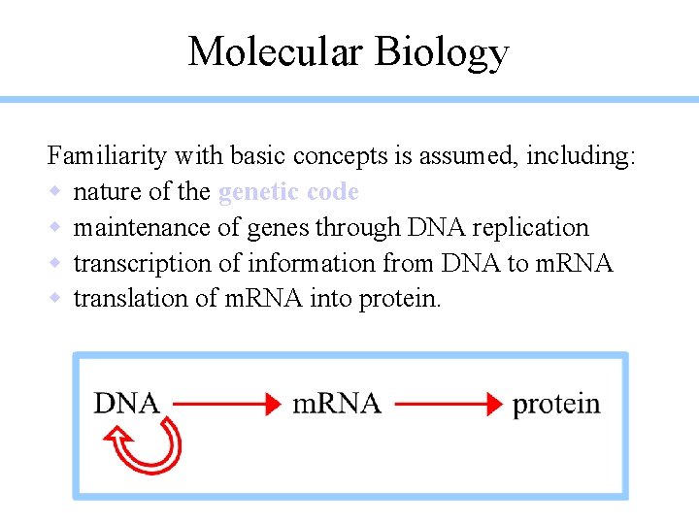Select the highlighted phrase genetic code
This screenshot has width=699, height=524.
(x=288, y=192)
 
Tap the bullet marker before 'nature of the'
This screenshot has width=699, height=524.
(x=55, y=192)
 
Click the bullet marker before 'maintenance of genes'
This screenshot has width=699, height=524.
(x=55, y=227)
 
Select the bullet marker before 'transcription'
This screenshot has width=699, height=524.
(x=55, y=263)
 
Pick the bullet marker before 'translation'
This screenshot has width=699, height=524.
(x=55, y=298)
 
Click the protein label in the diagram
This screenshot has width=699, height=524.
(x=556, y=405)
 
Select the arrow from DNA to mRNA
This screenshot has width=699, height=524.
(x=225, y=404)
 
